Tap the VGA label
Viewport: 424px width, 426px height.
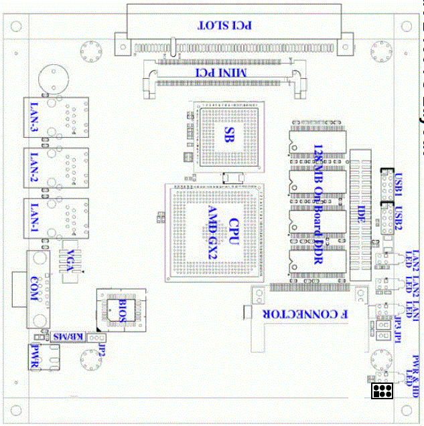71,260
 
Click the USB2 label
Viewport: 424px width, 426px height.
399,219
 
